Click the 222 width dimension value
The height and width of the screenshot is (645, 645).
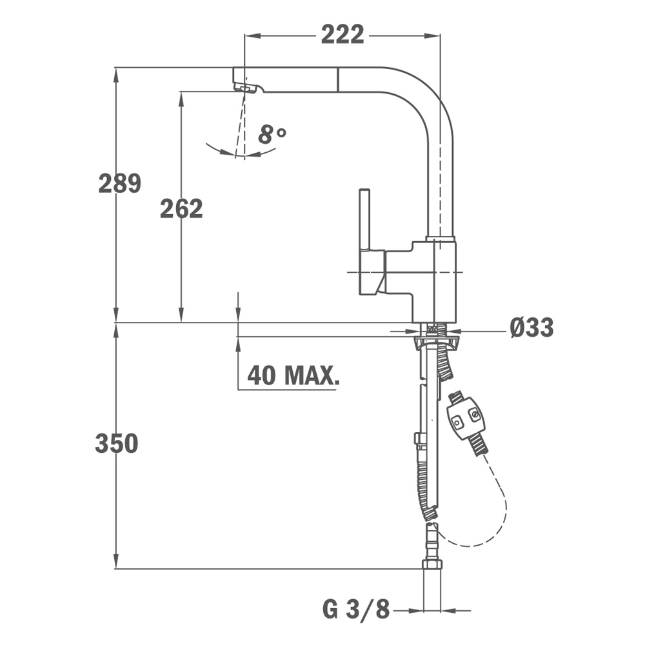click(x=342, y=35)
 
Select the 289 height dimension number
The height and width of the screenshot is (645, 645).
click(x=120, y=183)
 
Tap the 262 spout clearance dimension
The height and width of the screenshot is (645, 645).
click(x=181, y=208)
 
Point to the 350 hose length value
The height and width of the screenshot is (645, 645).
click(x=116, y=444)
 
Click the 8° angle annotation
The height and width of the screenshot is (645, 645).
click(x=272, y=134)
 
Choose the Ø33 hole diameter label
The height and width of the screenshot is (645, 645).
click(x=531, y=328)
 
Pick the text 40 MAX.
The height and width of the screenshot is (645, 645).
click(x=293, y=375)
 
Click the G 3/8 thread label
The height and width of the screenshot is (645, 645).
click(x=356, y=610)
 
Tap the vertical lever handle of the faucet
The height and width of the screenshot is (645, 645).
click(x=364, y=219)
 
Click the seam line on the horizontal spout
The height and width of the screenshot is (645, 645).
click(x=338, y=79)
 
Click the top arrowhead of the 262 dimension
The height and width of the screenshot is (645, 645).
click(x=181, y=99)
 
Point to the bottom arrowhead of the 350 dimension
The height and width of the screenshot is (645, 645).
click(x=116, y=561)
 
